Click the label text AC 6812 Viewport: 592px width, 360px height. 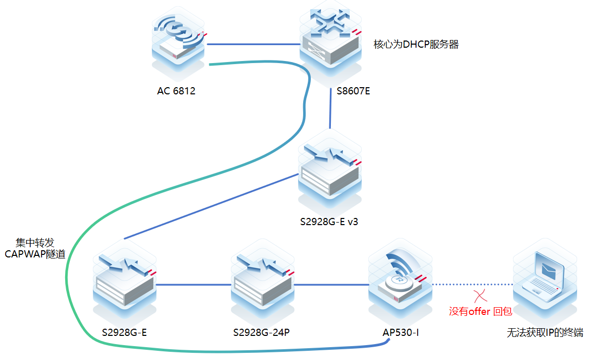pos(176,92)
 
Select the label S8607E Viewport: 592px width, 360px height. pos(353,92)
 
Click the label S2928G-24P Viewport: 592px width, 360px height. pos(262,333)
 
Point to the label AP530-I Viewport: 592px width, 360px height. pos(401,333)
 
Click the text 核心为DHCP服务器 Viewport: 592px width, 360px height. pos(416,45)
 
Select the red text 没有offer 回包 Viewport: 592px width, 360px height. pos(480,311)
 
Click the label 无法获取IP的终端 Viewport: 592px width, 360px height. pos(545,333)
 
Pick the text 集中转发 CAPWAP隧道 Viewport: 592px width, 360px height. pos(35,248)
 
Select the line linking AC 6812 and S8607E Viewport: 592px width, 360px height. pos(253,44)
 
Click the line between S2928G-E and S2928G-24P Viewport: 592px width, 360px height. pos(194,284)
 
